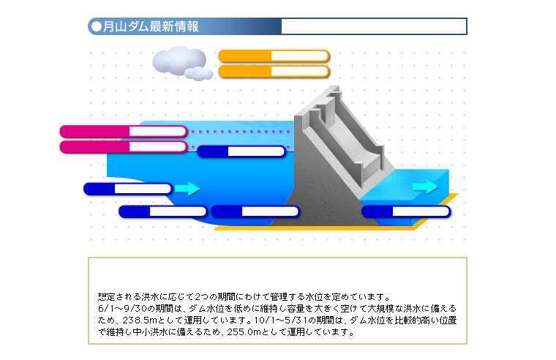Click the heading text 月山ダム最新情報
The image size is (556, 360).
click(151, 26)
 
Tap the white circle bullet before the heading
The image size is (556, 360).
click(97, 26)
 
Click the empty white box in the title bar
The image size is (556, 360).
click(374, 26)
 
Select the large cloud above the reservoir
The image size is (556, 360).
click(179, 60)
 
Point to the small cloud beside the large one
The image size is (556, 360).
click(198, 74)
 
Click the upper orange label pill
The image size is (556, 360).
click(274, 56)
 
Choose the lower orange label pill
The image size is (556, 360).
click(274, 71)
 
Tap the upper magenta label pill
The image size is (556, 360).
click(124, 132)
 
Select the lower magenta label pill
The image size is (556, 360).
click(124, 147)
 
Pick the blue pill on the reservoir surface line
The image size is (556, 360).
click(241, 151)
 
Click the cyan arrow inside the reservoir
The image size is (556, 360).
click(187, 188)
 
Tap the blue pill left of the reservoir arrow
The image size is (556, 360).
click(128, 189)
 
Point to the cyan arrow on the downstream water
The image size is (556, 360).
click(426, 187)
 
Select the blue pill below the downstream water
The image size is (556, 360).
click(406, 211)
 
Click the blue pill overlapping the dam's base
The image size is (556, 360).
click(255, 211)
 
